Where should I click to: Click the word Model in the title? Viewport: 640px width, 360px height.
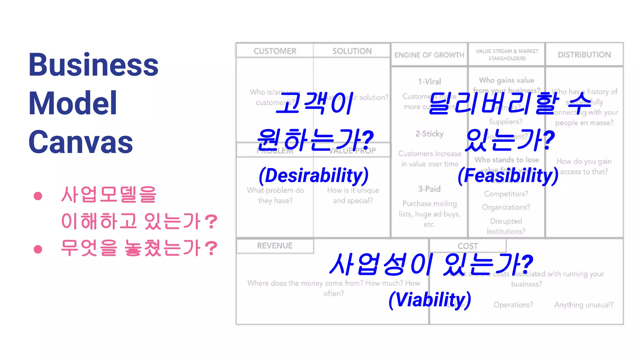point(72,103)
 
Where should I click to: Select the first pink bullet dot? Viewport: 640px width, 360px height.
point(38,196)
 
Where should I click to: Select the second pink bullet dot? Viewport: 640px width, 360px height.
point(38,249)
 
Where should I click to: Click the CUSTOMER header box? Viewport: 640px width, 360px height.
point(275,51)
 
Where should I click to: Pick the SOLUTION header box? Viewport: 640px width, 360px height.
point(352,51)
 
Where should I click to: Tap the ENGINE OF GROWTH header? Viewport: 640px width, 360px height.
point(429,55)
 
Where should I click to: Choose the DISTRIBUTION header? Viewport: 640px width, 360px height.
point(584,55)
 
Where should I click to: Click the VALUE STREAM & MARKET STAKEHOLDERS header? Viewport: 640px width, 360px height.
point(507,55)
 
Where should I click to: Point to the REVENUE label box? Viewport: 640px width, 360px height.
point(275,246)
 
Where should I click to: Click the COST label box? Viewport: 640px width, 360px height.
point(467,246)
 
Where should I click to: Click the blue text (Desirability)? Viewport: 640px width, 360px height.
point(314,175)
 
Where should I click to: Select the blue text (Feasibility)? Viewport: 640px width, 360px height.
point(508,175)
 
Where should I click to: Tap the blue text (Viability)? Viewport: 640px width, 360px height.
point(430,299)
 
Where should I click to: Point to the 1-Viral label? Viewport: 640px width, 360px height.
point(429,82)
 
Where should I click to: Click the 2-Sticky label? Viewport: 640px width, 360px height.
point(429,134)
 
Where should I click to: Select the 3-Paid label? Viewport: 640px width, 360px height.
point(429,189)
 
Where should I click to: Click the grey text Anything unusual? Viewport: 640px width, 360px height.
point(584,305)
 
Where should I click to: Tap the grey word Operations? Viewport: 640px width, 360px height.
point(513,305)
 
